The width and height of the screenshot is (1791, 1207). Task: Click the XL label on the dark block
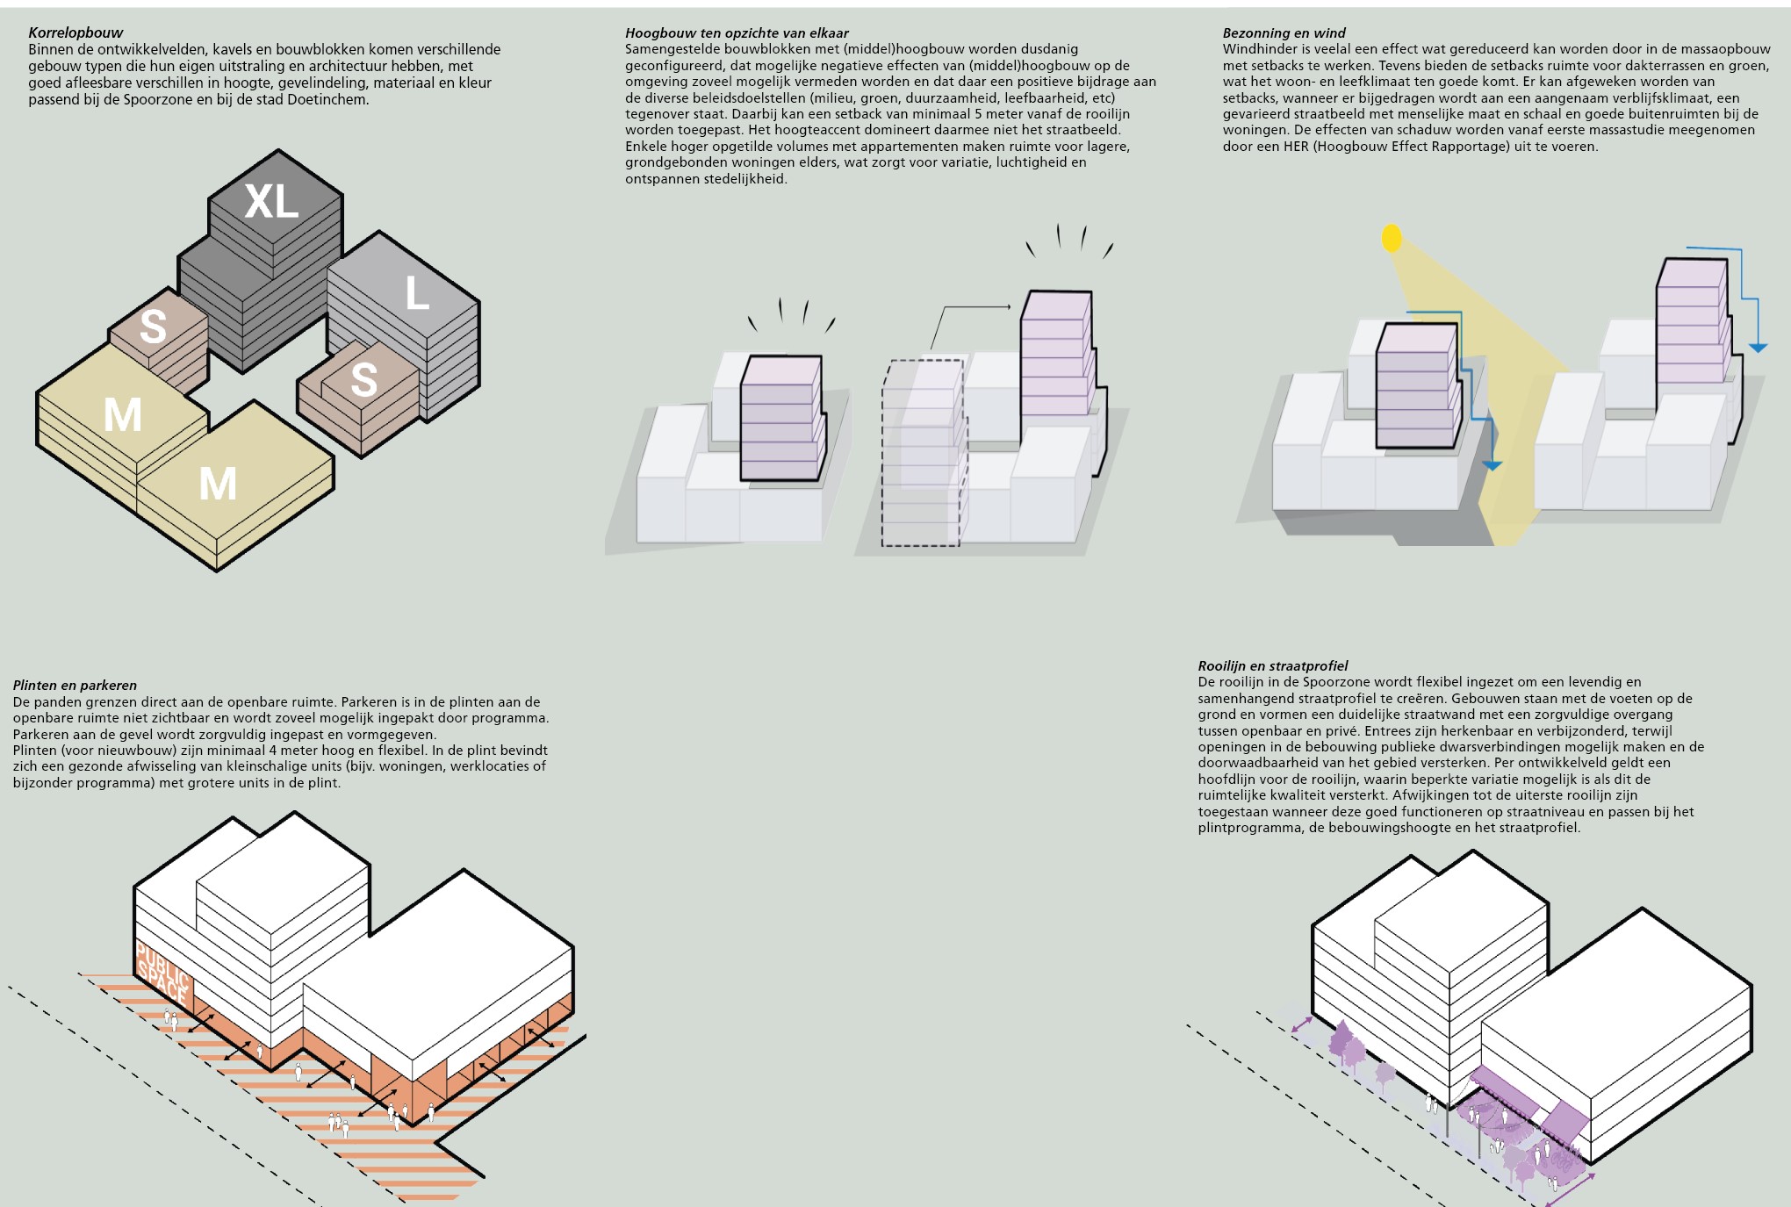click(x=271, y=202)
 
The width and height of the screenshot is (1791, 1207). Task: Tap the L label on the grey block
click(x=417, y=293)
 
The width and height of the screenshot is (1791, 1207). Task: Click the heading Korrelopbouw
click(x=76, y=33)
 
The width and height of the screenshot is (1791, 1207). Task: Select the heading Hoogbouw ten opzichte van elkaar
click(x=737, y=33)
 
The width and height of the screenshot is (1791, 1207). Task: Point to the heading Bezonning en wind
click(x=1284, y=33)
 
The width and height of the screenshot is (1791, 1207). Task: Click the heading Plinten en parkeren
click(x=75, y=686)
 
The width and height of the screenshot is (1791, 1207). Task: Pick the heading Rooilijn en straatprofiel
click(x=1272, y=666)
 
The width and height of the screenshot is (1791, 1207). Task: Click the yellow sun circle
click(x=1392, y=238)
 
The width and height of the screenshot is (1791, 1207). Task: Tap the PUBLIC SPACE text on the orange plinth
click(x=162, y=973)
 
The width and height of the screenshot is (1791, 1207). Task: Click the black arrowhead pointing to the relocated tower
click(x=1006, y=307)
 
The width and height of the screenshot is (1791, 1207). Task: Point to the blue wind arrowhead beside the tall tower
click(x=1758, y=348)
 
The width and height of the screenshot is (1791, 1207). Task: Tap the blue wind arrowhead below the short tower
click(x=1492, y=465)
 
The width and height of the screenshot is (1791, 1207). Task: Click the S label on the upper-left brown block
click(x=153, y=327)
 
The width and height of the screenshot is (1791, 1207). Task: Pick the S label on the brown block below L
click(x=363, y=380)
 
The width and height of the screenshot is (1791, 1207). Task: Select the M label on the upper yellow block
click(x=123, y=414)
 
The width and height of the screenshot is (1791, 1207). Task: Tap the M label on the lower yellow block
click(x=218, y=484)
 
